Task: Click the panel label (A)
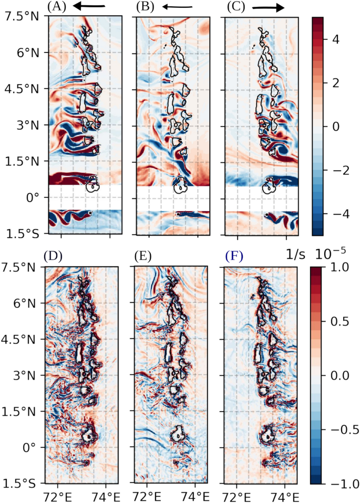(56, 7)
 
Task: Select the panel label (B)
(145, 7)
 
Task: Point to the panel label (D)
(55, 257)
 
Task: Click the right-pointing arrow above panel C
(268, 7)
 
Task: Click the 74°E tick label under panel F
(284, 495)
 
